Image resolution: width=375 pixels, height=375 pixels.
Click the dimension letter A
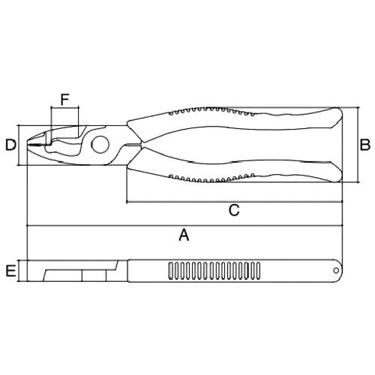[183, 235]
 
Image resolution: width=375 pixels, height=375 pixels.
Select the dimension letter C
[233, 211]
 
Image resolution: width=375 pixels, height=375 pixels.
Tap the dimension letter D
[10, 145]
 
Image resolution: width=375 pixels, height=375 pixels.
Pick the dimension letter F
[64, 98]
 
